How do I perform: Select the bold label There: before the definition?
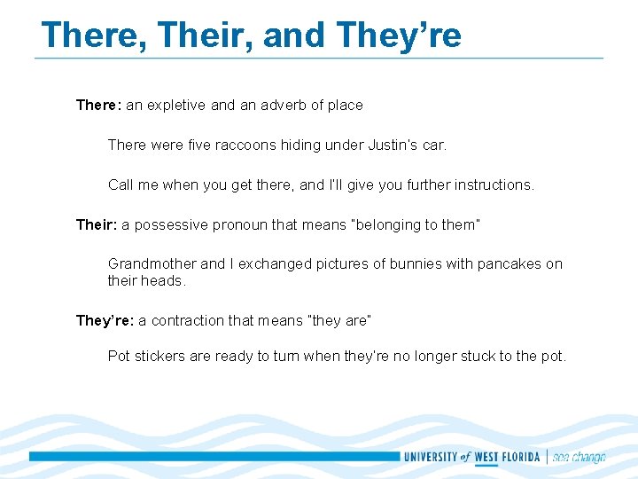(x=98, y=105)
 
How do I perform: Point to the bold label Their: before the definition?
(x=97, y=224)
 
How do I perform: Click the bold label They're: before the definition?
(x=105, y=320)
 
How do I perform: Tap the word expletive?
(x=176, y=105)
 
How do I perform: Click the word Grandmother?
(x=152, y=263)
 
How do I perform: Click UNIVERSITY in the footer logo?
(x=430, y=458)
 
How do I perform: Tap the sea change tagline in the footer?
(x=580, y=458)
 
